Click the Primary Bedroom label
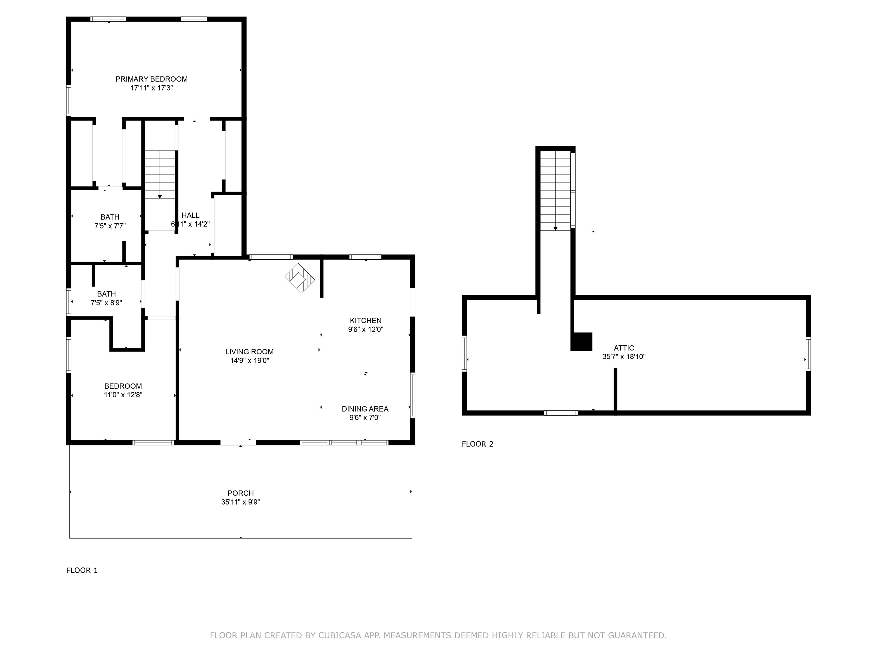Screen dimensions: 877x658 (x=152, y=79)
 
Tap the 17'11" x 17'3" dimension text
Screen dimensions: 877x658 (x=152, y=88)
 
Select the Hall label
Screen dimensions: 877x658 (x=190, y=215)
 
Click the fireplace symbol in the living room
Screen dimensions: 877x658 (x=300, y=278)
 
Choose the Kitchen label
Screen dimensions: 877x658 (x=365, y=320)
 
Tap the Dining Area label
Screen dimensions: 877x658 (x=365, y=409)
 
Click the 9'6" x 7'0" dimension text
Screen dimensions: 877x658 (x=365, y=418)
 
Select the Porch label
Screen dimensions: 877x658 (x=241, y=493)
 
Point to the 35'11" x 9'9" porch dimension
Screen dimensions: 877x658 (x=241, y=502)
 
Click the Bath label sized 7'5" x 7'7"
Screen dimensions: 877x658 (x=110, y=217)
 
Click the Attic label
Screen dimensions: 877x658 (x=624, y=348)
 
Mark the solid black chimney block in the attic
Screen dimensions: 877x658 (x=581, y=342)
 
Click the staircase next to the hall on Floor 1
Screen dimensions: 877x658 (x=160, y=174)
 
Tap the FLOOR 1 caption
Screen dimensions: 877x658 (x=82, y=570)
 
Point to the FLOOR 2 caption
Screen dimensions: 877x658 (x=477, y=444)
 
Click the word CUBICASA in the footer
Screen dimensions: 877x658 (x=340, y=635)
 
